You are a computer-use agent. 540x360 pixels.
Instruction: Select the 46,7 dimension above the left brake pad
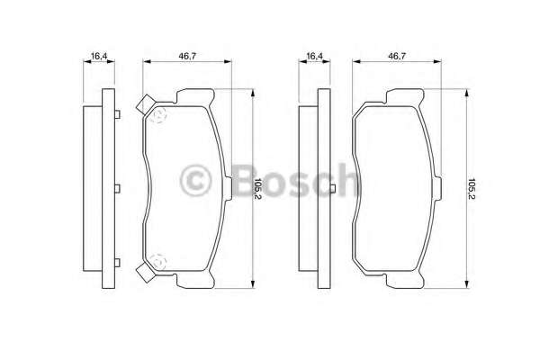pos(187,56)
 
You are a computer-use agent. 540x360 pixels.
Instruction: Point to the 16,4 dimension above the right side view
pos(314,56)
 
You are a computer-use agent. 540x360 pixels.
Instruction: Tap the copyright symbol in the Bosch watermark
pos(195,181)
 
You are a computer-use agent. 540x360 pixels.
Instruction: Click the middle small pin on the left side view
pos(118,188)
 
